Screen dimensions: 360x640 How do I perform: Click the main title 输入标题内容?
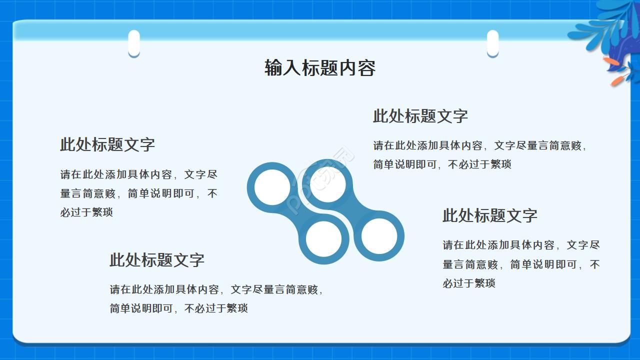point(320,68)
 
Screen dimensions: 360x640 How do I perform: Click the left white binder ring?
point(134,43)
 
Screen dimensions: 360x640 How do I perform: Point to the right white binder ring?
point(492,43)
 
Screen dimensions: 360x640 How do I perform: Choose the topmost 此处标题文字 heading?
point(420,116)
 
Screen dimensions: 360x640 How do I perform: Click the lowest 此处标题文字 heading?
point(157,260)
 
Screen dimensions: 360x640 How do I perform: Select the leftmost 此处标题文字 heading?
point(107,145)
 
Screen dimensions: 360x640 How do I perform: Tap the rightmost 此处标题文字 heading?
point(489,216)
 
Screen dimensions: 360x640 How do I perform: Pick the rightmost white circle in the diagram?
point(379,236)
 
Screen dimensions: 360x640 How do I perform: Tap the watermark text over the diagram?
point(322,180)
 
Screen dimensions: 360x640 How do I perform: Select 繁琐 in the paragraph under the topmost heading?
point(500,164)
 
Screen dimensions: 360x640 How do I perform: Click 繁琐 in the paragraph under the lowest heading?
point(237,308)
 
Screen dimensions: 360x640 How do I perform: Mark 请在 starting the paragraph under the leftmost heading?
point(71,175)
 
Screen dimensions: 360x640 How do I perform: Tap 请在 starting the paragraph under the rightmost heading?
point(453,245)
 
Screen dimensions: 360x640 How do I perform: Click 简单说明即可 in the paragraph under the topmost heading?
point(405,164)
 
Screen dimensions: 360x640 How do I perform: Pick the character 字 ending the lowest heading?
point(197,260)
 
